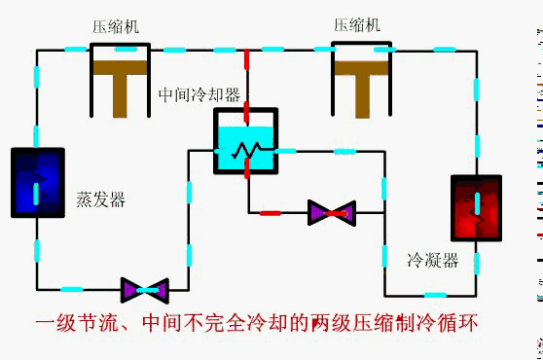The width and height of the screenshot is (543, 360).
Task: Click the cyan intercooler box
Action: click(x=245, y=146)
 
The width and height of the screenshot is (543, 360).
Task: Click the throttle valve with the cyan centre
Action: click(x=145, y=289)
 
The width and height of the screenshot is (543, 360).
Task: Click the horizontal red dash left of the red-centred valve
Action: click(x=271, y=211)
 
